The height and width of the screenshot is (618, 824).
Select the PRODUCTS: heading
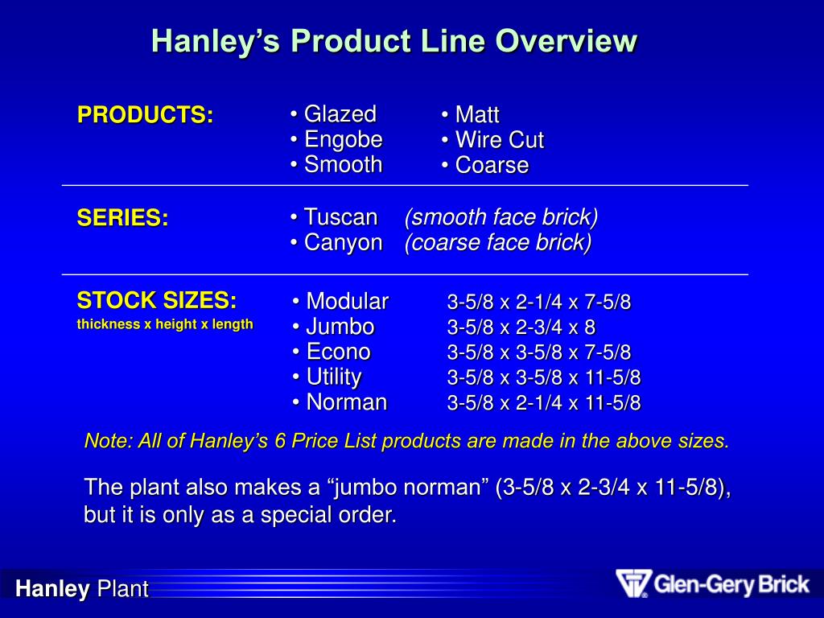click(145, 115)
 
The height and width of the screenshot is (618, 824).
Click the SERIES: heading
click(122, 218)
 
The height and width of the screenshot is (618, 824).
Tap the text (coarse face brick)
click(498, 242)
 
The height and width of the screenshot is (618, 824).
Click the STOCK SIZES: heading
click(157, 301)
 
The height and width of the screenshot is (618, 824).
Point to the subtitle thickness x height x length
click(165, 324)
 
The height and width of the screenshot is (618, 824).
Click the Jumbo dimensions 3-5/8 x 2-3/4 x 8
click(521, 328)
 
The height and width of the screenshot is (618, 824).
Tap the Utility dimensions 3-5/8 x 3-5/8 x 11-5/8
click(544, 377)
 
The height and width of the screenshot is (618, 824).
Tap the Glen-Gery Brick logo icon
click(632, 583)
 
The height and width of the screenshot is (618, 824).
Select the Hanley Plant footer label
click(82, 589)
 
